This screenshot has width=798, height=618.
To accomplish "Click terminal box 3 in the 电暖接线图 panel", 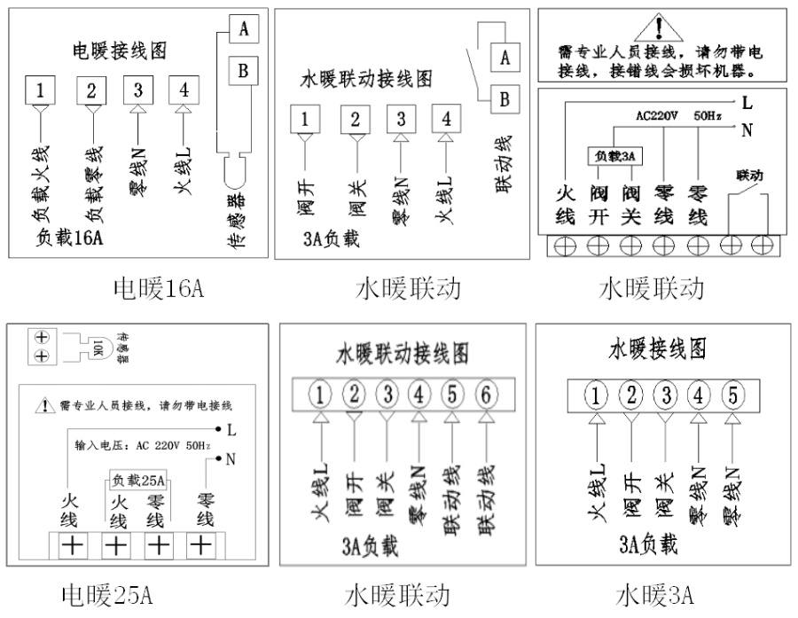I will coord(137,90).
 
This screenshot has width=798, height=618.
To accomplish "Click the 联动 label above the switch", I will coord(748,175).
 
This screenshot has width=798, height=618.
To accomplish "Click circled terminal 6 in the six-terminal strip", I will coord(485,392).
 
